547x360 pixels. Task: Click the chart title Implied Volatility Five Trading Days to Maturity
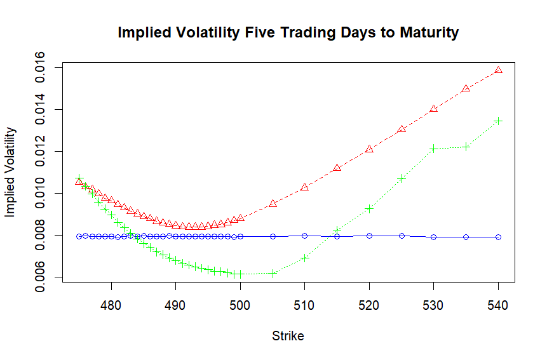(x=288, y=32)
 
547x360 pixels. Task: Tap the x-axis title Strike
(x=288, y=336)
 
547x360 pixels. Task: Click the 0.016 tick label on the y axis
(x=40, y=67)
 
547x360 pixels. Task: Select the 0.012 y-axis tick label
(x=40, y=151)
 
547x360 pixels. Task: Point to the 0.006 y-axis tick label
(x=40, y=277)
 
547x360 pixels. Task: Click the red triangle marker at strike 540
(x=498, y=70)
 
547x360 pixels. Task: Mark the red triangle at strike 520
(x=369, y=149)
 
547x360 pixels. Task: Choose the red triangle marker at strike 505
(x=273, y=203)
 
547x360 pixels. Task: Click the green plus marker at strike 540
(x=498, y=121)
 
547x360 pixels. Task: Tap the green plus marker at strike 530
(x=434, y=149)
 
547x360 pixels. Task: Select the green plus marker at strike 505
(x=273, y=274)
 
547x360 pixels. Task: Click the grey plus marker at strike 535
(x=466, y=147)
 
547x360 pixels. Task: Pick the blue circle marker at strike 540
(x=498, y=237)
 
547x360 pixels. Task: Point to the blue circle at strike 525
(x=402, y=236)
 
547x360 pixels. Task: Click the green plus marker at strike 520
(x=369, y=208)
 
